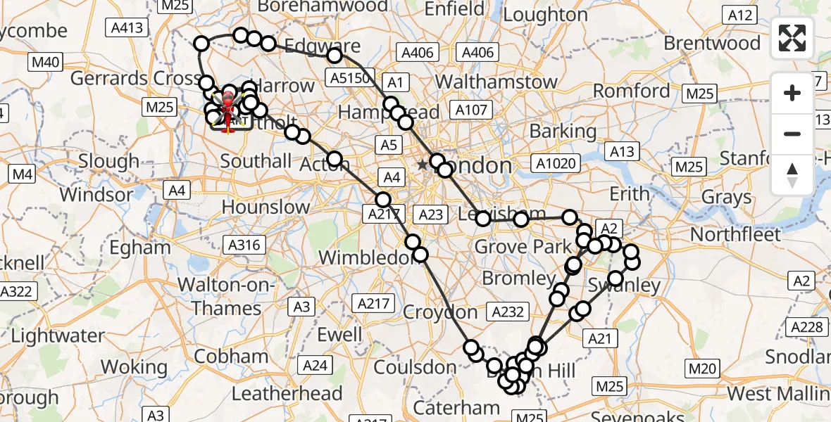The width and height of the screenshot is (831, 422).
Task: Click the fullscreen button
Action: (792, 38)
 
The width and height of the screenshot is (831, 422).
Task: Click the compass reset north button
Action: (792, 175)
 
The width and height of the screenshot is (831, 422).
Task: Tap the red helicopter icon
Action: (227, 113)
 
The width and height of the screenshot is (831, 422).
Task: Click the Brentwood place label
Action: (713, 43)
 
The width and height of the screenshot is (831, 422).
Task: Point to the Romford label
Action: (631, 91)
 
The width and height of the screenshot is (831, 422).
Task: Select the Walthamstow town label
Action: (496, 81)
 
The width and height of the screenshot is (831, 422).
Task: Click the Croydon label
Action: (441, 312)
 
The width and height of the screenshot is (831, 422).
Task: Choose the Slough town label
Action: (108, 161)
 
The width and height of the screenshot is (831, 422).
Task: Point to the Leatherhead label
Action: (287, 393)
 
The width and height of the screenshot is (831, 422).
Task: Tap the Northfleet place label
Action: (736, 234)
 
